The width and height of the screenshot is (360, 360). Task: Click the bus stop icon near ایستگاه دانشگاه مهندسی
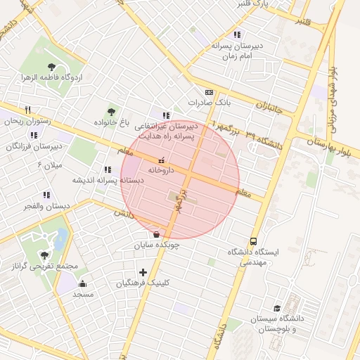[x=253, y=240]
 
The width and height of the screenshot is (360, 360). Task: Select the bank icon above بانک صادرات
[x=209, y=92]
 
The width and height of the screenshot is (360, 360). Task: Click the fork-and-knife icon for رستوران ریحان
[x=28, y=110]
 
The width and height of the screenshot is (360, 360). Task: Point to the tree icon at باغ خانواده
[x=110, y=112]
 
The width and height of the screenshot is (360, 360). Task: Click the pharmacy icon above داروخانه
[x=163, y=160]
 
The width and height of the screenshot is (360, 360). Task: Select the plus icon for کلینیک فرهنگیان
[x=143, y=272]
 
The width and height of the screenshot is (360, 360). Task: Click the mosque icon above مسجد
[x=83, y=283]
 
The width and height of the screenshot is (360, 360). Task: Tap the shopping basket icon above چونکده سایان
[x=155, y=234]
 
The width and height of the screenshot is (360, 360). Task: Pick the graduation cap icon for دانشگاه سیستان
[x=278, y=309]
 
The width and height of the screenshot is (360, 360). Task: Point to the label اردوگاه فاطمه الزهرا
[x=46, y=77]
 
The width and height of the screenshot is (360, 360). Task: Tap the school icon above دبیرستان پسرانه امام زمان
[x=237, y=34]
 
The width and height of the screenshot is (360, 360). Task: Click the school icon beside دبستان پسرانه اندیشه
[x=108, y=169]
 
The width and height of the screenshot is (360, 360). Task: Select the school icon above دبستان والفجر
[x=46, y=195]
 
